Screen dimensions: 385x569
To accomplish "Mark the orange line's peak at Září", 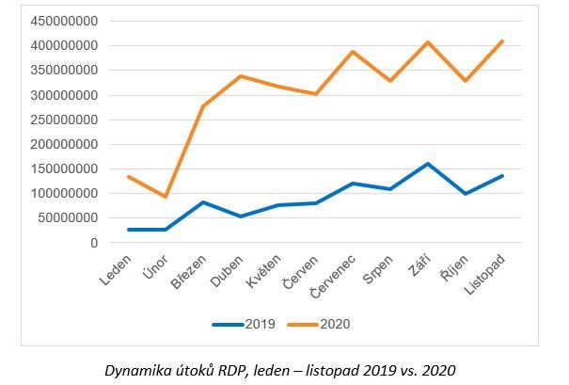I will pyautogui.click(x=428, y=42).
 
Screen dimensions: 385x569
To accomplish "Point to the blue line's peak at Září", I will pyautogui.click(x=428, y=164).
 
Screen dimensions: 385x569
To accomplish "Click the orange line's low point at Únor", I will pyautogui.click(x=166, y=197).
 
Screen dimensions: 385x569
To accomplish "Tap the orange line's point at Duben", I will pyautogui.click(x=241, y=76).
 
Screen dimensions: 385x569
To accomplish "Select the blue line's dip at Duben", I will pyautogui.click(x=241, y=217).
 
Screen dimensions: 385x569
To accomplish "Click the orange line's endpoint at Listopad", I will pyautogui.click(x=503, y=41).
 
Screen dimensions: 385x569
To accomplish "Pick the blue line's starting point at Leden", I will pyautogui.click(x=128, y=230).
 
